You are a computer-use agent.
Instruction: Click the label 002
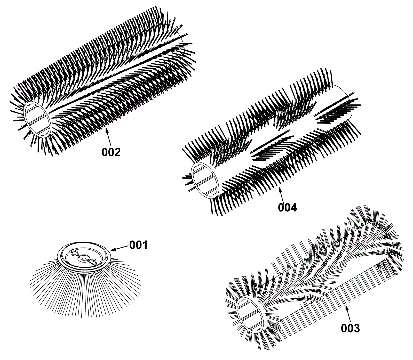point(111,152)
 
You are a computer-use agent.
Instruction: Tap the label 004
point(287,208)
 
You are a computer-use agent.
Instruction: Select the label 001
point(138,245)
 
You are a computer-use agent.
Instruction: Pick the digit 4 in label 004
point(294,208)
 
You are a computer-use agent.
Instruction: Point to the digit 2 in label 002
point(117,152)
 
